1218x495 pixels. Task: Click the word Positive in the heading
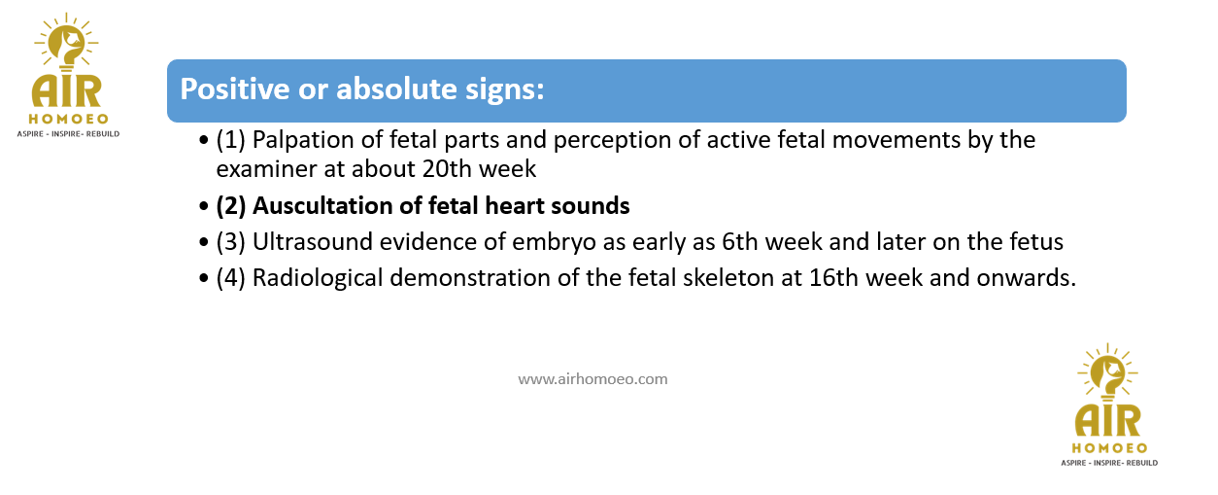tap(235, 88)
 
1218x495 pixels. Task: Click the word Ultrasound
tap(313, 242)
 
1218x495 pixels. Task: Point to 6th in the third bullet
tap(740, 242)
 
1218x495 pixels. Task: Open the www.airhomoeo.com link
tap(592, 379)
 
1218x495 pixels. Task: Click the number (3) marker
tap(231, 242)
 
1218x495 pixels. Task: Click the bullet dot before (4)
tap(204, 278)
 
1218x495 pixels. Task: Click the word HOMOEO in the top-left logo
tap(69, 119)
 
